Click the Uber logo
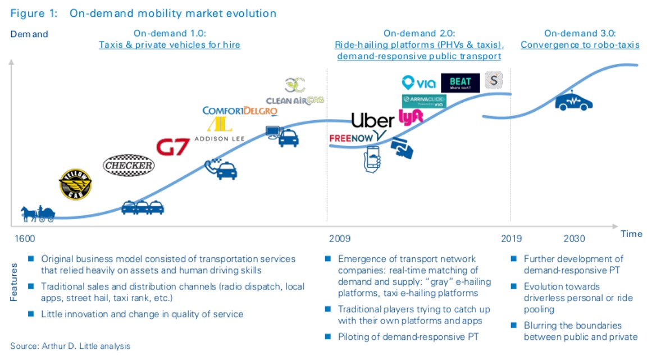click(373, 120)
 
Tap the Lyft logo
click(411, 116)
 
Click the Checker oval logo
click(128, 165)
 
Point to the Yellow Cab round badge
click(75, 184)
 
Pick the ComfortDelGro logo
click(240, 111)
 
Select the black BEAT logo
click(461, 83)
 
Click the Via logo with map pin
click(419, 83)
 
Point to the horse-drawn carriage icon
click(38, 213)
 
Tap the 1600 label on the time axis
click(22, 239)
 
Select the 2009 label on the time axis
click(340, 239)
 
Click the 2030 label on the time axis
click(574, 239)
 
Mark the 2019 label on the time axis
click(512, 239)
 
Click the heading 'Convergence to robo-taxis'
click(580, 44)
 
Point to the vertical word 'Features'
click(14, 280)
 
